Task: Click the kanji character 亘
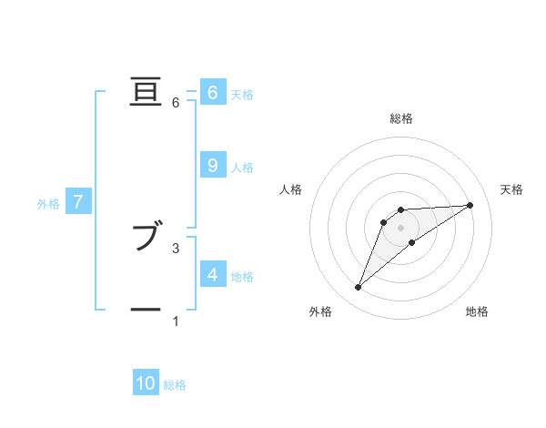point(146,93)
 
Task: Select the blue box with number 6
point(212,92)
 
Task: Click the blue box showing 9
point(212,165)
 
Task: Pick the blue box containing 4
point(212,274)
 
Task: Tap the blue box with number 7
point(79,202)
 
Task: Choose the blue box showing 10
point(146,383)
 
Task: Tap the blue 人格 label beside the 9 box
point(242,168)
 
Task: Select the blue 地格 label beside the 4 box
point(242,277)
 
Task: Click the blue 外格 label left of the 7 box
point(48,204)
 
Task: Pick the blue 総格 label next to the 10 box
point(175,385)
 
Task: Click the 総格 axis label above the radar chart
point(401,119)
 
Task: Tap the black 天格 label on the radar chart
point(512,189)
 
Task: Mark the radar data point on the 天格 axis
point(470,205)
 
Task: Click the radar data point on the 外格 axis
point(359,288)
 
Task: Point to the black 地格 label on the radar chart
point(477,312)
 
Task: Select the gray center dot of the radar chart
point(401,228)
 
